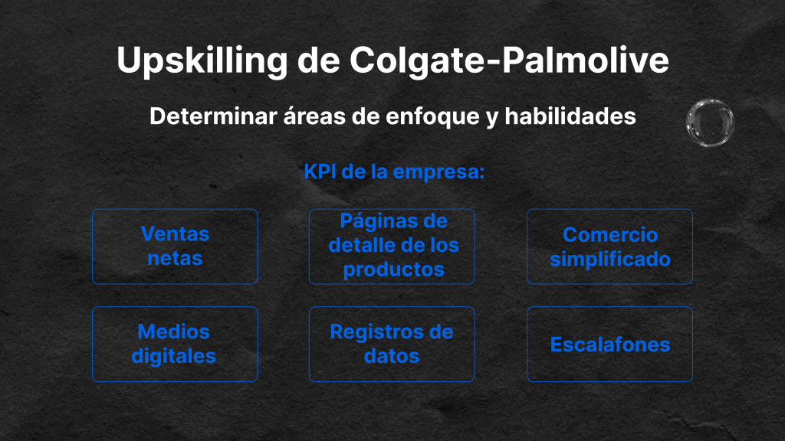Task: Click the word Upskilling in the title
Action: coord(202,61)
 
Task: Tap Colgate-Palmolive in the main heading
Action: coord(509,60)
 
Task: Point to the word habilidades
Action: coord(570,116)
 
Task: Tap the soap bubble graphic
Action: coord(710,122)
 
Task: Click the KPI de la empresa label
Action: coord(394,171)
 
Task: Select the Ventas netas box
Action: coord(176,247)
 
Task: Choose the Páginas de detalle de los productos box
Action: coord(392,247)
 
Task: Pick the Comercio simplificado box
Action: coord(609,247)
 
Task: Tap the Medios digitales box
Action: coord(176,344)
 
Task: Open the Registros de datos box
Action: coord(392,344)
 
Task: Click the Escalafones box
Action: coord(609,344)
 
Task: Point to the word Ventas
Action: coord(176,234)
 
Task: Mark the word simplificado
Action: coord(610,260)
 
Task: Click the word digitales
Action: coord(174,356)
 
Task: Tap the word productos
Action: coord(393,270)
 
